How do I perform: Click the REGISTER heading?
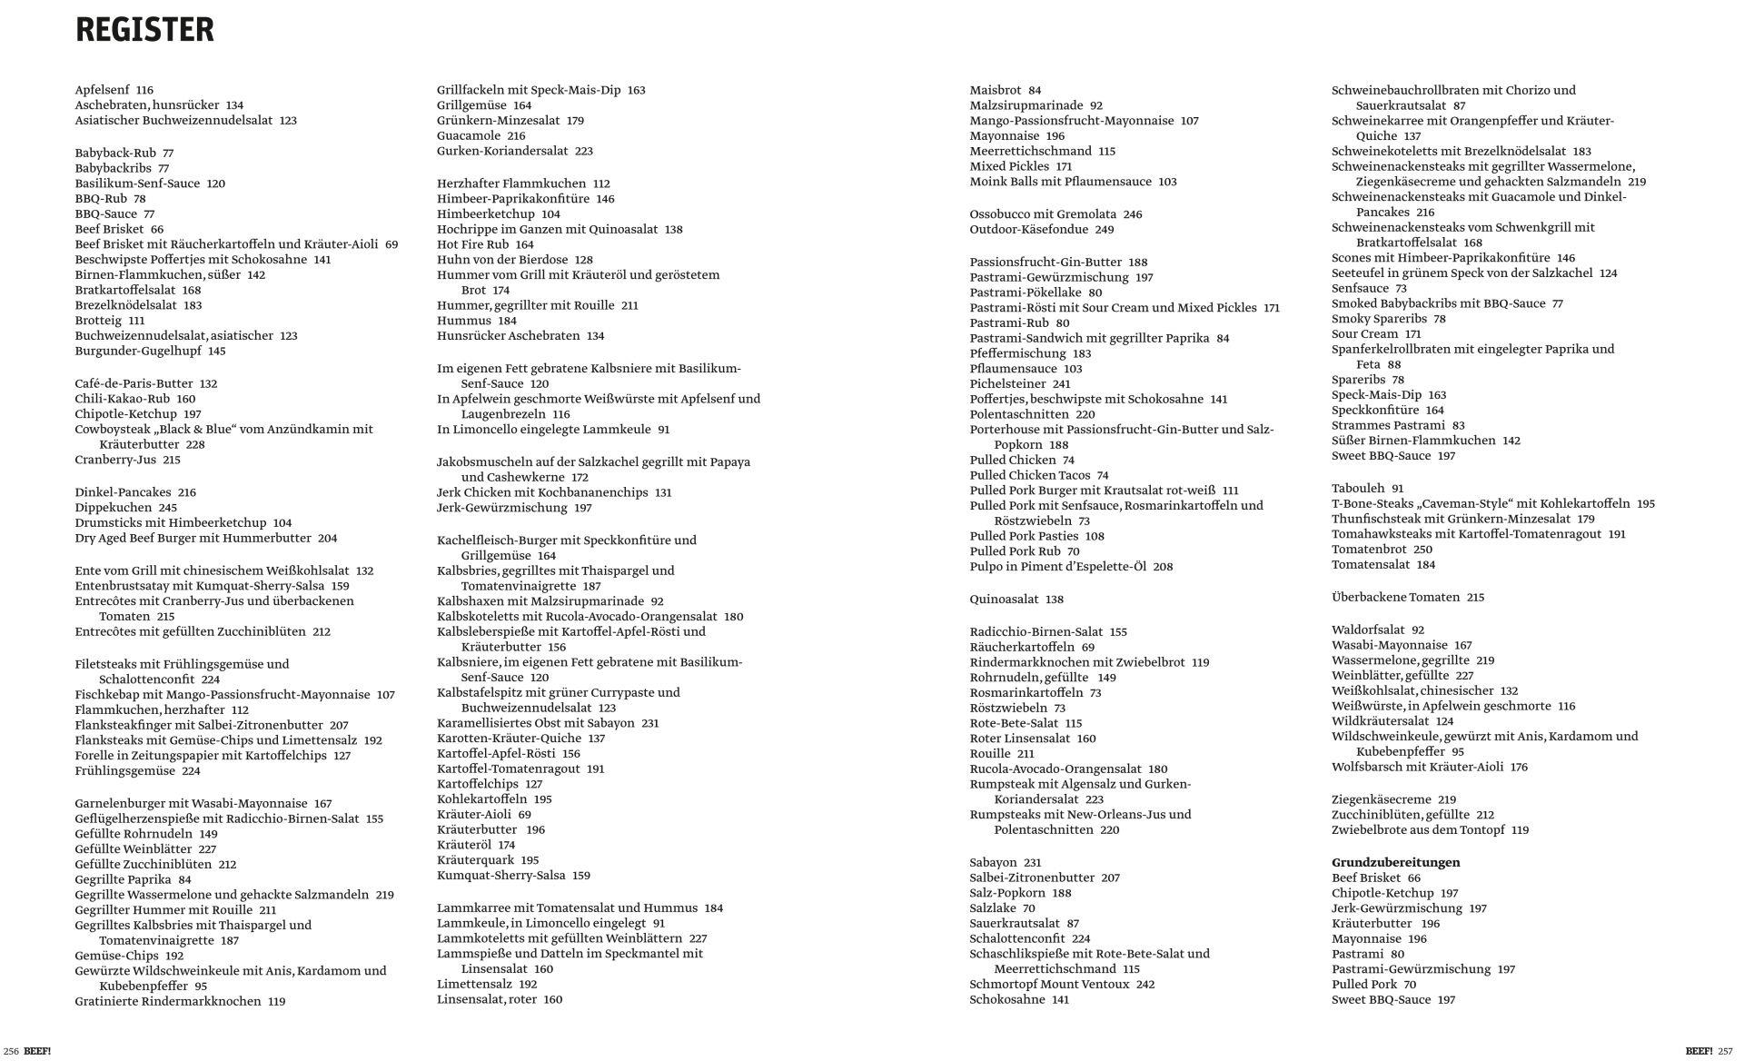[x=144, y=30]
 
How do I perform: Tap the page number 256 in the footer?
[x=11, y=1051]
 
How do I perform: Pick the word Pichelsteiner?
[x=1007, y=384]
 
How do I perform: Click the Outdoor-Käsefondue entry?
[x=1041, y=230]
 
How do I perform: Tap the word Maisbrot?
[x=996, y=90]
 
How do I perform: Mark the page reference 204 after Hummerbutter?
[x=327, y=538]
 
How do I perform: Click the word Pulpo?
[x=986, y=566]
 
